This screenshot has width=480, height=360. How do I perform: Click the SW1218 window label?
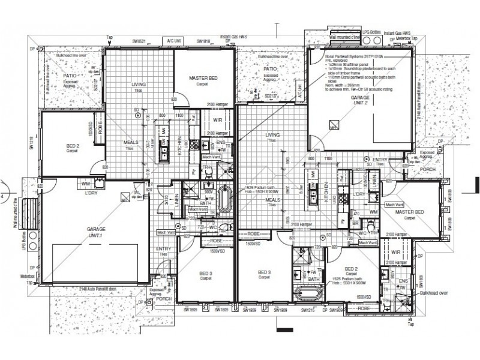[x=27, y=144]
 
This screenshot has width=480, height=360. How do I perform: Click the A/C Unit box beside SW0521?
[x=175, y=41]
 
